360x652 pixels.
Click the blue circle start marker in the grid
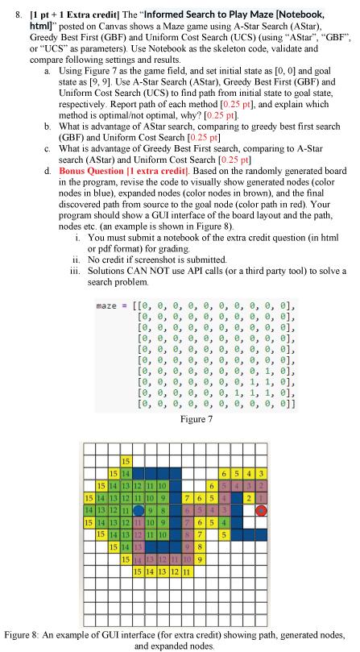pyautogui.click(x=139, y=509)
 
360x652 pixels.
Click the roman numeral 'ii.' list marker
pyautogui.click(x=77, y=261)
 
